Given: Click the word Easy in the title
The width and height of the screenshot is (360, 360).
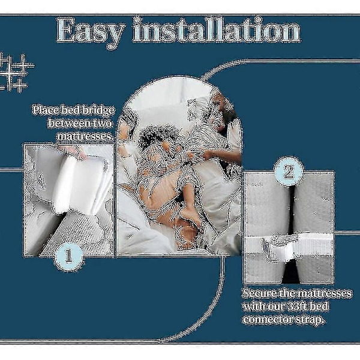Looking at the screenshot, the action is tap(91, 31).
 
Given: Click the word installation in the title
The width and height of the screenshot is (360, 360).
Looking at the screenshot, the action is tap(217, 30).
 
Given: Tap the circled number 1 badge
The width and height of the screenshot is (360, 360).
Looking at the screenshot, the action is tap(69, 256).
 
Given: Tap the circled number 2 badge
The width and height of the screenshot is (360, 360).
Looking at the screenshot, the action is tap(289, 172).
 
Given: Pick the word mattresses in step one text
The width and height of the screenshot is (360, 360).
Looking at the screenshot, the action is tap(85, 136).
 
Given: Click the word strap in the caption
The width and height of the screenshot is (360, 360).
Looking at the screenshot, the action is tap(313, 320).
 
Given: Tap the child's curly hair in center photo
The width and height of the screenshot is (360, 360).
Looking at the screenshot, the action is tap(159, 136).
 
